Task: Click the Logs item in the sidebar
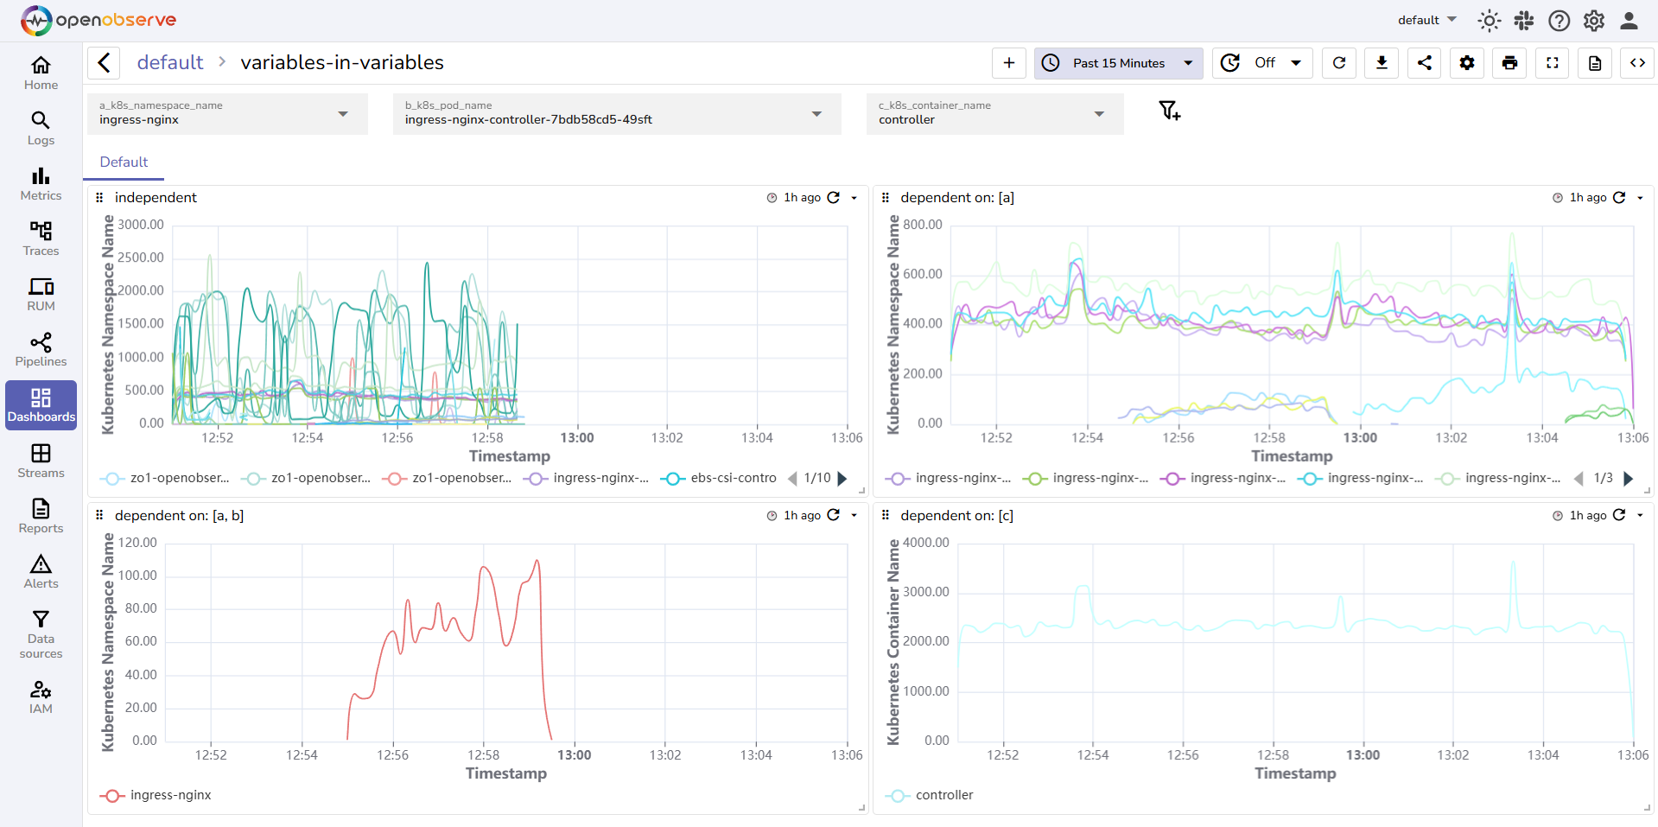pyautogui.click(x=41, y=128)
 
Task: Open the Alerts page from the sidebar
pyautogui.click(x=41, y=572)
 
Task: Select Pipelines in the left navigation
pyautogui.click(x=41, y=349)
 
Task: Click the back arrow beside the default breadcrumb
pyautogui.click(x=104, y=62)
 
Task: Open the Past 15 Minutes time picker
pyautogui.click(x=1118, y=63)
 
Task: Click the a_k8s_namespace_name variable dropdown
pyautogui.click(x=227, y=114)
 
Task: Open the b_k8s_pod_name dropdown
pyautogui.click(x=616, y=114)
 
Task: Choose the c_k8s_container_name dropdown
pyautogui.click(x=994, y=114)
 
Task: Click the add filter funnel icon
pyautogui.click(x=1169, y=111)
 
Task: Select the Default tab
pyautogui.click(x=124, y=162)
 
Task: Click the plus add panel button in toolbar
pyautogui.click(x=1008, y=63)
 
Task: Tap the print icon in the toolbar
pyautogui.click(x=1509, y=63)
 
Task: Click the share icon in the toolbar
pyautogui.click(x=1424, y=63)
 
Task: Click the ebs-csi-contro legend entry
pyautogui.click(x=733, y=478)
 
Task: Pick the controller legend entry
pyautogui.click(x=943, y=795)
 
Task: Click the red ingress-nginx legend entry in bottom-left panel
pyautogui.click(x=170, y=795)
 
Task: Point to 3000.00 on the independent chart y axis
pyautogui.click(x=141, y=225)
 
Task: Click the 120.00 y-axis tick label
pyautogui.click(x=137, y=543)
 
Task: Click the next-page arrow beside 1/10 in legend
pyautogui.click(x=842, y=478)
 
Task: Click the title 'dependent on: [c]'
pyautogui.click(x=956, y=515)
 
